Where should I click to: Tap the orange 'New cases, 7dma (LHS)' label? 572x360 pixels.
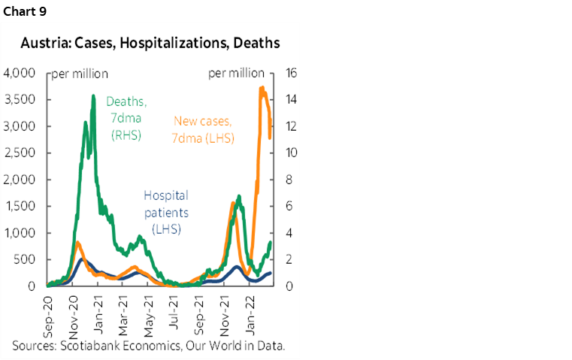pyautogui.click(x=204, y=129)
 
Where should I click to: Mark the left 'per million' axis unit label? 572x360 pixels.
pyautogui.click(x=80, y=74)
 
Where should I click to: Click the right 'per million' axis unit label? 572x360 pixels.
pyautogui.click(x=235, y=73)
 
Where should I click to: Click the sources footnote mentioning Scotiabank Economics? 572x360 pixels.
pyautogui.click(x=148, y=346)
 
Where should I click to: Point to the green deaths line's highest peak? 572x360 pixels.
pyautogui.click(x=93, y=95)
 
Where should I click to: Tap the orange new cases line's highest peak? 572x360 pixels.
pyautogui.click(x=261, y=88)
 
